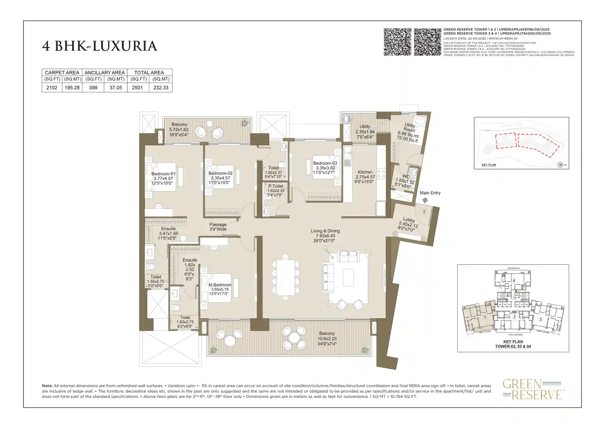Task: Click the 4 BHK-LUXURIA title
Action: coord(99,46)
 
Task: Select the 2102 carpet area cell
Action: coord(52,87)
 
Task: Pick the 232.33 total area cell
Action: coord(161,87)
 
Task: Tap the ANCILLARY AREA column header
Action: coord(104,72)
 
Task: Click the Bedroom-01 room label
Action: coord(163,174)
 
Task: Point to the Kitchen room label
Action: coord(365,172)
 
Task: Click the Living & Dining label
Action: coord(325,231)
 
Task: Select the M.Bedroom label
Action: coord(220,285)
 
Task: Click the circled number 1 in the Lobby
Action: coord(424,212)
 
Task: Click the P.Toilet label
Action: coord(276,186)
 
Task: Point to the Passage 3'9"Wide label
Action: coord(218,227)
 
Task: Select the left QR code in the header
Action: coord(397,42)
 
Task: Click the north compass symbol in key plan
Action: coord(560,164)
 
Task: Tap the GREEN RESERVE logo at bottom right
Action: coord(533,389)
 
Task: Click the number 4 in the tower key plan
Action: coord(513,280)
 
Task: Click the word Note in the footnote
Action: coord(47,386)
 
